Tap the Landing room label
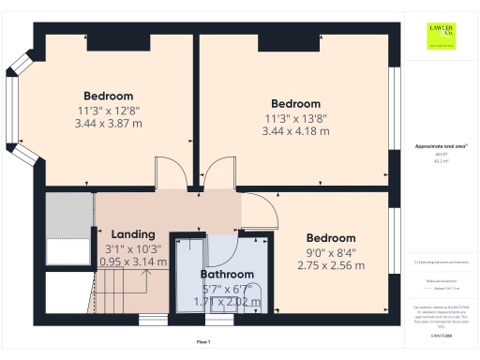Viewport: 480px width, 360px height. [132, 233]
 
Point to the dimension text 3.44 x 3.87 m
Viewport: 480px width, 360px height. [108, 124]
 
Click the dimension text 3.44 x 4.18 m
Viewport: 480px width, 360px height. [295, 131]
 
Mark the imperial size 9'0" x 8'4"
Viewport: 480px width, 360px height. [331, 252]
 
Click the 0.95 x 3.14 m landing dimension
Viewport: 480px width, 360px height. [133, 262]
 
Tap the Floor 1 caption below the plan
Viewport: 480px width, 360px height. [203, 342]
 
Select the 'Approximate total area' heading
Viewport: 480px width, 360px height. [441, 146]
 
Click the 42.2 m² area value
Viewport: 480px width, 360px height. [441, 161]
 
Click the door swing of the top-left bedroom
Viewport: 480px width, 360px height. [172, 172]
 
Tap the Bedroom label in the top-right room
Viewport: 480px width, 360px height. [295, 103]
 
